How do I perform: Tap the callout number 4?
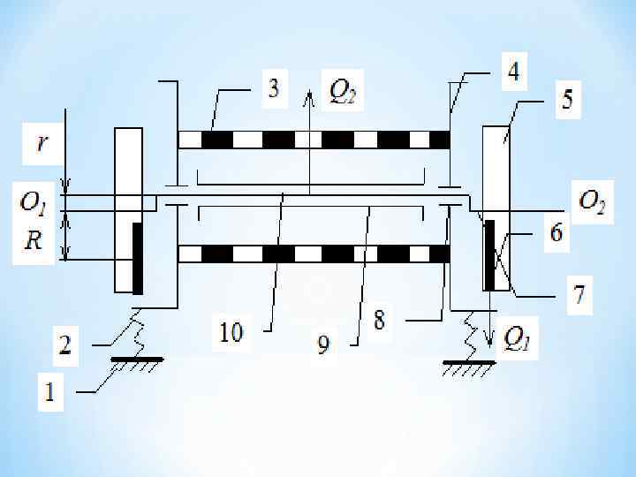(512, 72)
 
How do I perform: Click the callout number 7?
(579, 293)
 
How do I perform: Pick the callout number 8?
(379, 320)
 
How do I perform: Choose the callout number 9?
(323, 345)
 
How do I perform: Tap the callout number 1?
(49, 393)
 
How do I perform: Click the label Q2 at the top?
(344, 89)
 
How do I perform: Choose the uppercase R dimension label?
(33, 240)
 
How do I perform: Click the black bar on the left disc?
(138, 258)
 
